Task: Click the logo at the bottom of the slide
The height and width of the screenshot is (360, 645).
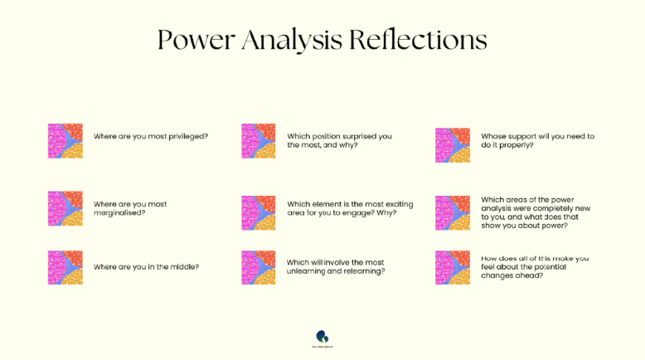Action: click(322, 338)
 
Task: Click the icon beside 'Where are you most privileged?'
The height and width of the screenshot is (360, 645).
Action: click(65, 140)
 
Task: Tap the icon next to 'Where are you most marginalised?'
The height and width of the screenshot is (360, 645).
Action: click(65, 208)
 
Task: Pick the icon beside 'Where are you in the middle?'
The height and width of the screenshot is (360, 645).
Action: click(65, 267)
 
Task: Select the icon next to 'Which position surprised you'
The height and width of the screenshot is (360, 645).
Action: click(259, 140)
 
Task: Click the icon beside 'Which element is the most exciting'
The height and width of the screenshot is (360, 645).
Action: click(259, 212)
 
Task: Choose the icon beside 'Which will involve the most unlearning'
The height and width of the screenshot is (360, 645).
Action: click(259, 267)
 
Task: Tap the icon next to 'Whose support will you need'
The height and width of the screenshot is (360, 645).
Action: click(453, 144)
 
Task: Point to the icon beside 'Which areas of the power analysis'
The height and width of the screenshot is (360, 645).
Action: click(453, 212)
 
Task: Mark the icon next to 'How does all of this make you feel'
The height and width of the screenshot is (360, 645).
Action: click(453, 267)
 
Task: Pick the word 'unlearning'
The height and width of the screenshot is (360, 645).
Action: click(309, 271)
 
